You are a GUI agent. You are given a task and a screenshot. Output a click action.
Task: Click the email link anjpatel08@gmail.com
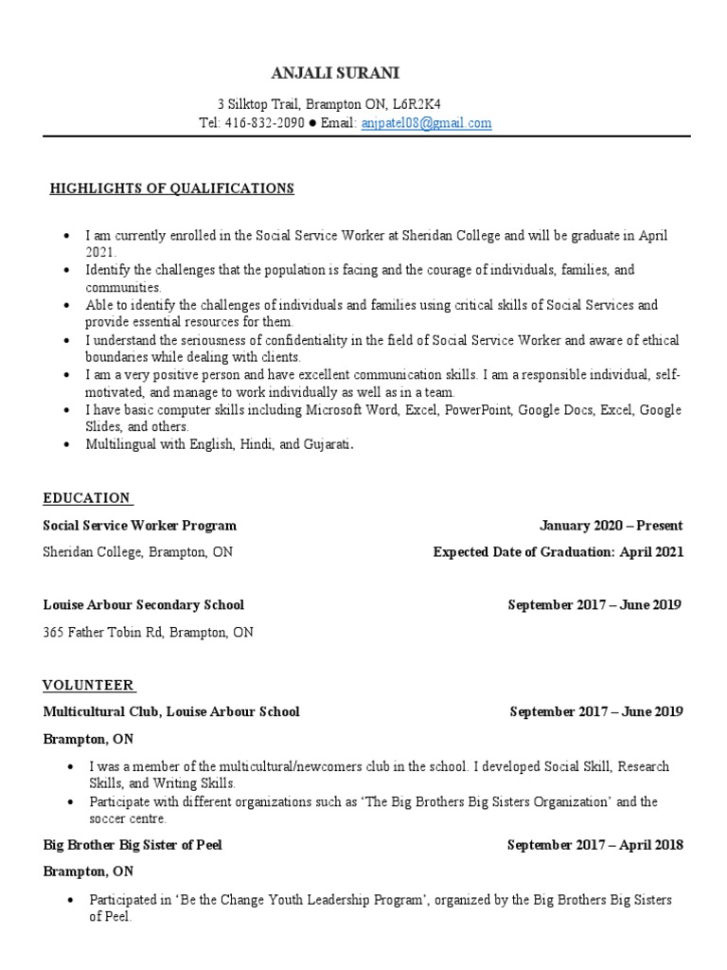point(426,123)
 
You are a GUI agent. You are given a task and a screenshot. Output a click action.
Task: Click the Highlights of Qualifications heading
point(171,189)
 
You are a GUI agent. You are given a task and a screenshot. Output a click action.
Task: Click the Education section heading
point(87,498)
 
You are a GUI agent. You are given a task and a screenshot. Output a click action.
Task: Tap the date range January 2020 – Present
point(611,526)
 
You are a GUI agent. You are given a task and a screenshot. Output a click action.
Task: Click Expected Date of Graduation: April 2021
point(558,552)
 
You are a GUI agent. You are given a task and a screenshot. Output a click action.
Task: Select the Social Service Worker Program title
point(139,526)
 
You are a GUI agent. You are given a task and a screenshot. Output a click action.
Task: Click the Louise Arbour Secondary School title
point(143,604)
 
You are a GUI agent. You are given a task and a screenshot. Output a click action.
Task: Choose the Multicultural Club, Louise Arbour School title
point(171,711)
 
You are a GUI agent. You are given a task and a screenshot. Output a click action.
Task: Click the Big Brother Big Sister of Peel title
point(133,845)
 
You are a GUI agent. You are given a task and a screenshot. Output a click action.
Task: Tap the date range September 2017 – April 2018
point(594,845)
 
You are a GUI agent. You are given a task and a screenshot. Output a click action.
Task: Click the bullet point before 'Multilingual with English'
point(65,444)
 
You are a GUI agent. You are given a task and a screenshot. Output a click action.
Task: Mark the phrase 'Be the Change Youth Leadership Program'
point(304,899)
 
